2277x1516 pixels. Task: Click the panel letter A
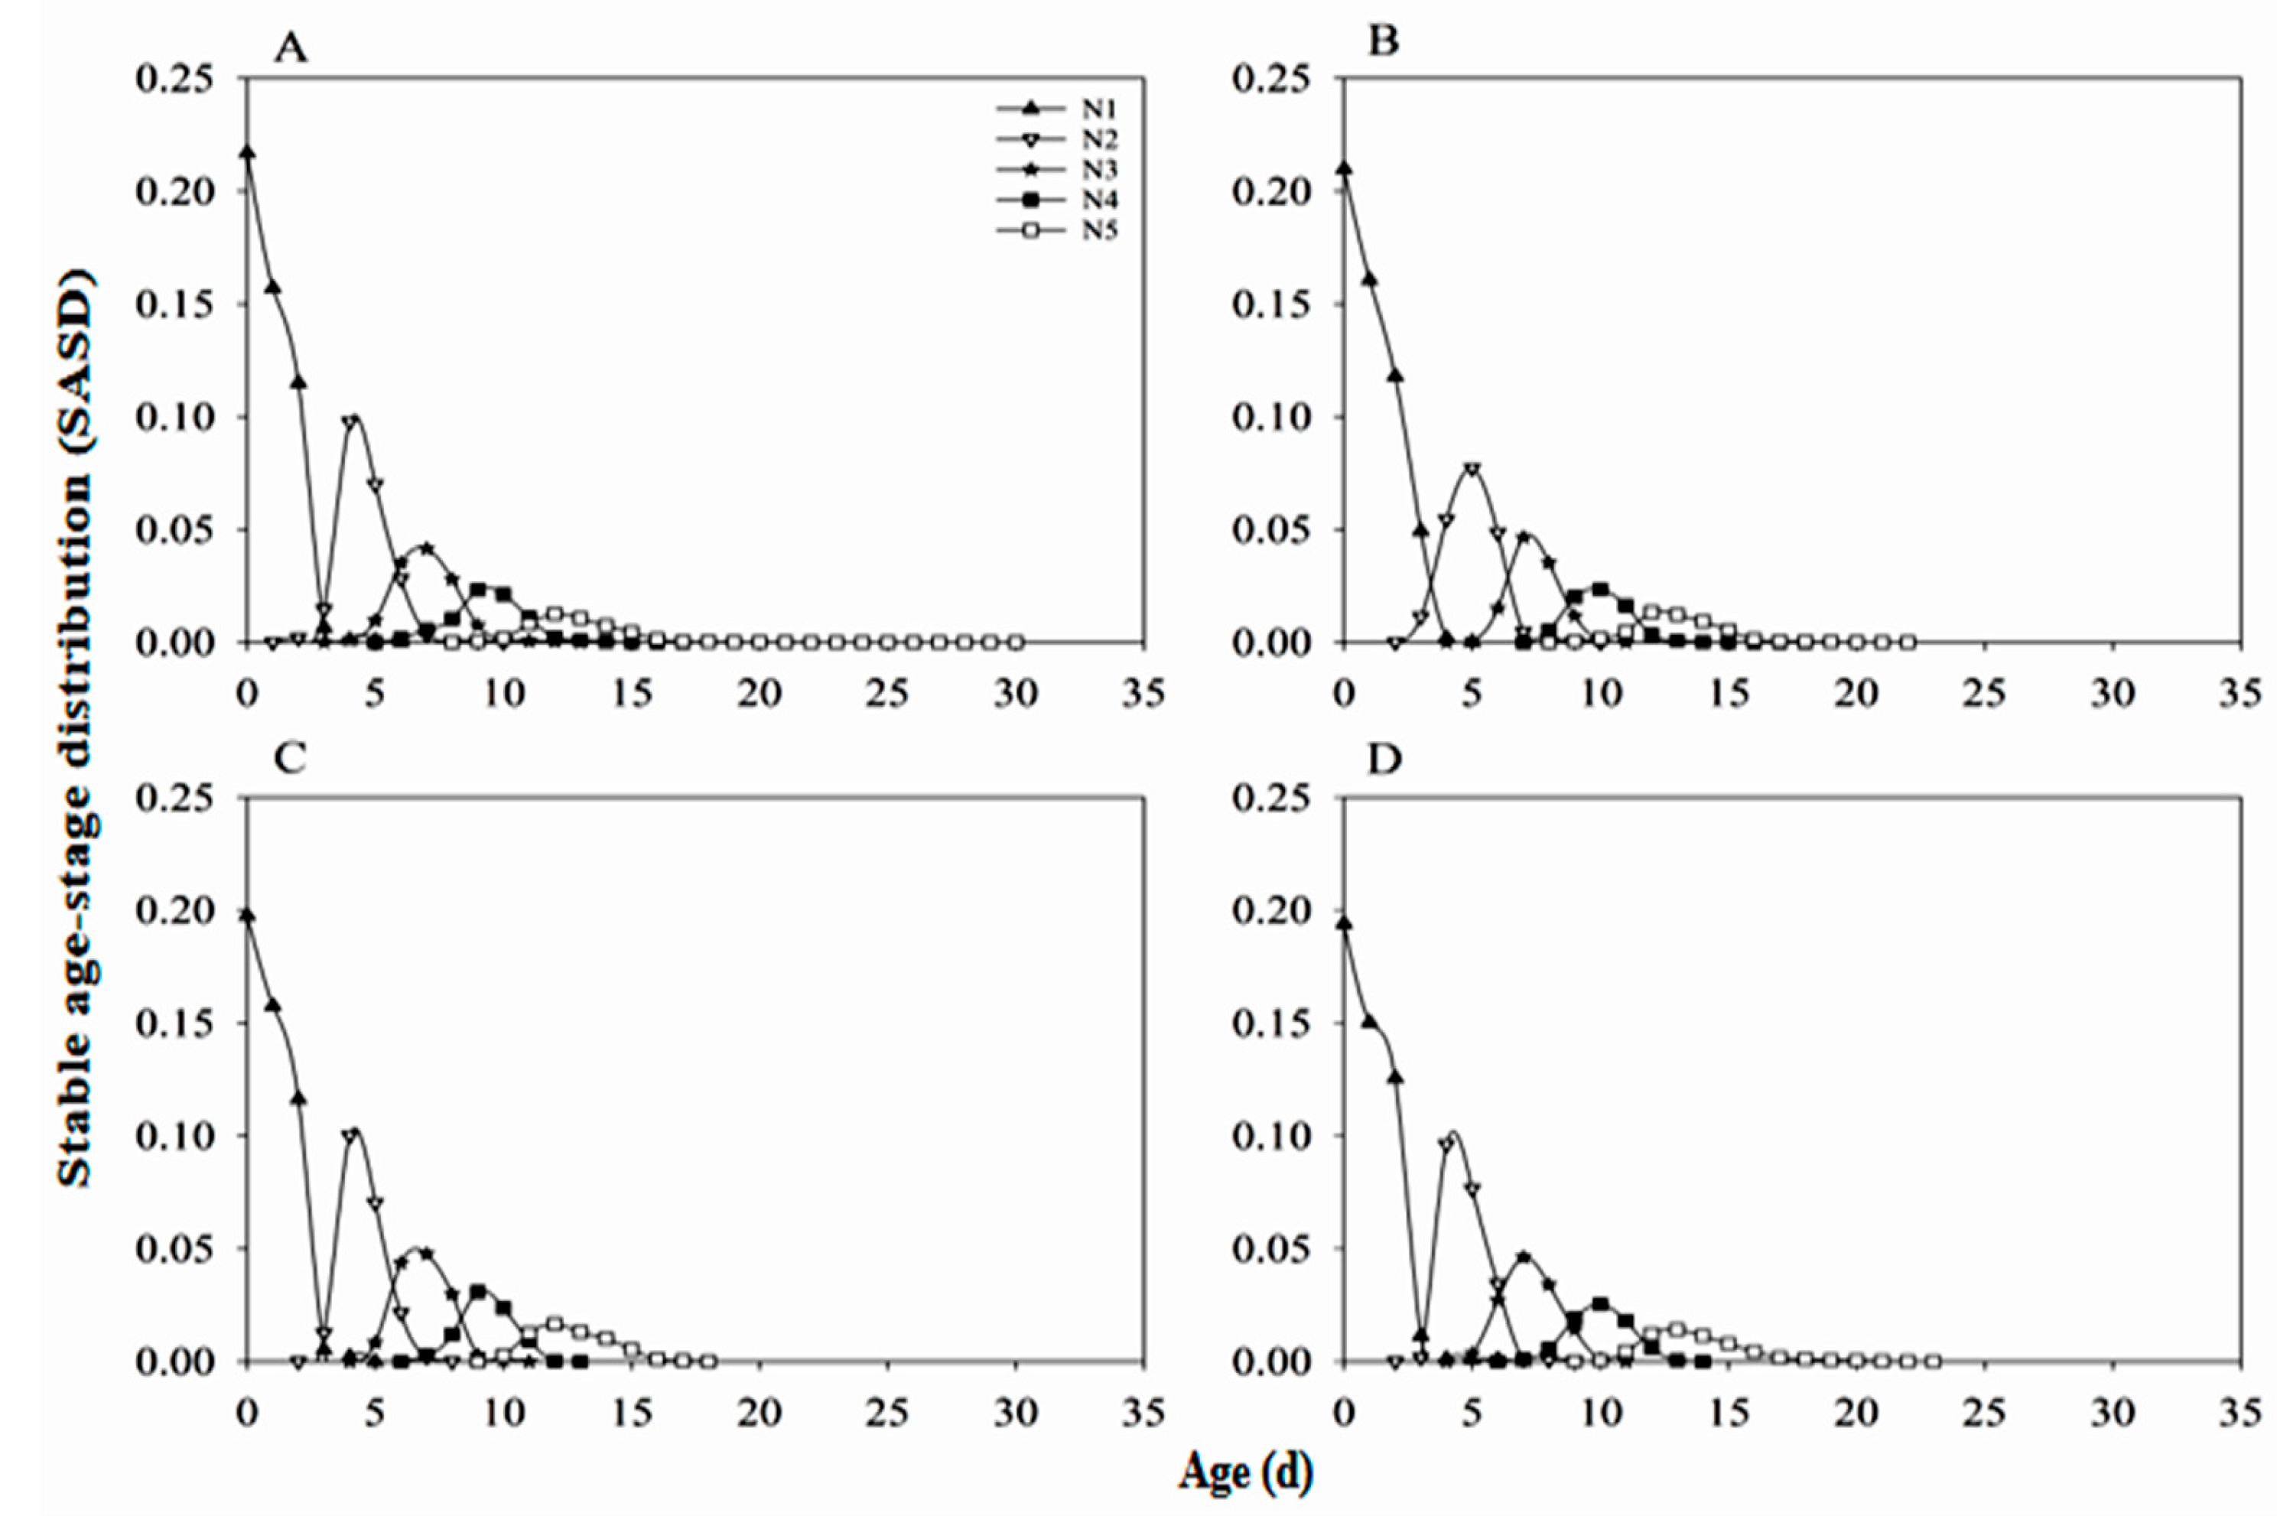tap(290, 45)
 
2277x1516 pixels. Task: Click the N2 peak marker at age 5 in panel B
tap(1472, 469)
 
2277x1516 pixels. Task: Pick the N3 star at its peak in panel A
tap(425, 548)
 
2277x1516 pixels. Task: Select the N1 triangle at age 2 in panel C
tap(299, 1098)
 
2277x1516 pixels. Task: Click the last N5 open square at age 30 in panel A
tap(1015, 642)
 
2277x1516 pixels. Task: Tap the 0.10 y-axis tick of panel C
tap(174, 1137)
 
